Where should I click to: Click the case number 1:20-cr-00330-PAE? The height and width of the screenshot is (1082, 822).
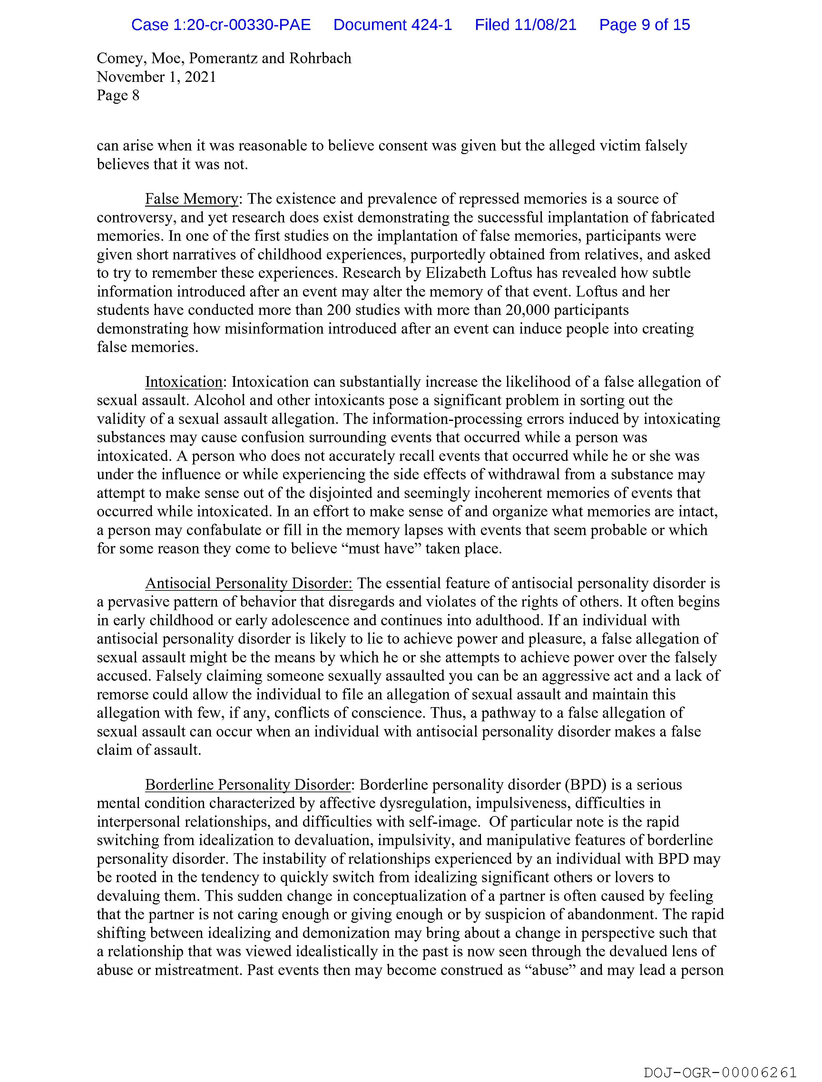(221, 24)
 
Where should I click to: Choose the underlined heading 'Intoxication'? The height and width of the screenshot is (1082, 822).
(183, 382)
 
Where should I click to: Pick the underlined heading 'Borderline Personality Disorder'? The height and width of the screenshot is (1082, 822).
(248, 785)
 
